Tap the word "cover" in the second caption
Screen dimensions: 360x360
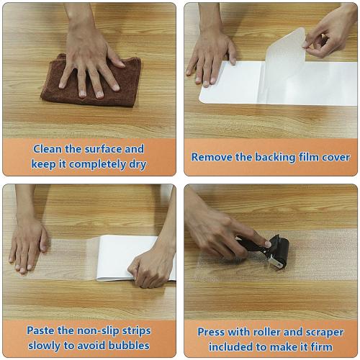(x=335, y=157)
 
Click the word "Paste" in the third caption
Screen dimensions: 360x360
(x=42, y=330)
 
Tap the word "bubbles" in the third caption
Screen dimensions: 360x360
(x=130, y=345)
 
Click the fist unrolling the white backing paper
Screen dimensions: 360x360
(x=151, y=266)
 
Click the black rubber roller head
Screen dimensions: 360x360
(x=278, y=252)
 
